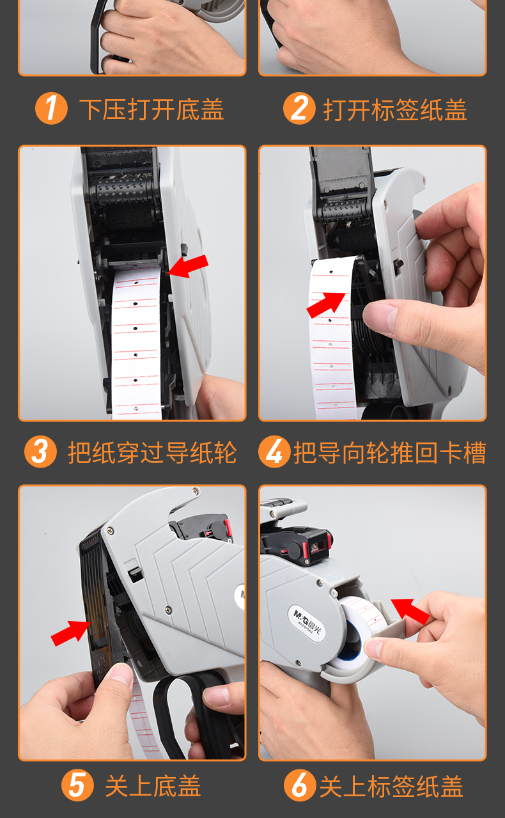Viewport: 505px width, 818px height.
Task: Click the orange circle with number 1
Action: tap(51, 109)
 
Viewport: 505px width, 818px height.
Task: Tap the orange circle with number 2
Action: tap(299, 109)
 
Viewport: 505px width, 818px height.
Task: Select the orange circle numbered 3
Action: tap(40, 452)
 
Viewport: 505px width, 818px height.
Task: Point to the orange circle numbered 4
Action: tap(274, 452)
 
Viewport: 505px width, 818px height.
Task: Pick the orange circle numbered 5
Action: tap(77, 785)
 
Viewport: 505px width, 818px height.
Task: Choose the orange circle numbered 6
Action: tap(299, 785)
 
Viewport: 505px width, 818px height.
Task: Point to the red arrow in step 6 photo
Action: tap(410, 611)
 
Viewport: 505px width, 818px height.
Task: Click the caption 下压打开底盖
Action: tap(151, 109)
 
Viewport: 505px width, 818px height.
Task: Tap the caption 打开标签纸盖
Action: tap(395, 109)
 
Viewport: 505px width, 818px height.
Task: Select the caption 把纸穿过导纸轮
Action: tap(152, 453)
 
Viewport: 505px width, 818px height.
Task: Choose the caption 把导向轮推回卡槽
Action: tap(389, 453)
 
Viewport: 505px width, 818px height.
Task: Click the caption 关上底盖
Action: tap(153, 786)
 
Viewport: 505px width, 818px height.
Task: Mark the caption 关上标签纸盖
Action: tap(391, 786)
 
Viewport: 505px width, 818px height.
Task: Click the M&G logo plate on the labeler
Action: tap(310, 617)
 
